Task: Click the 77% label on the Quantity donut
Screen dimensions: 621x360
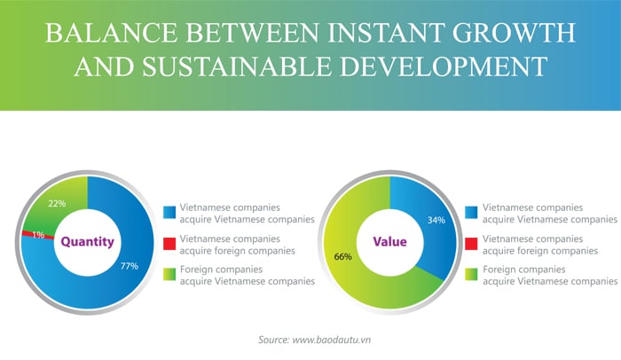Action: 130,266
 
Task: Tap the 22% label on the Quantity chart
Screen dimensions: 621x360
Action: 57,204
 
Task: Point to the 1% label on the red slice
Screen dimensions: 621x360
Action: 38,235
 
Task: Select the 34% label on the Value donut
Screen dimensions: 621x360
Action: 436,220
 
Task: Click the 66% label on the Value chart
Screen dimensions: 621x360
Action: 343,256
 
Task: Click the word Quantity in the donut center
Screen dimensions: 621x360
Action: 88,241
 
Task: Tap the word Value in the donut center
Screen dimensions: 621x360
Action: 389,241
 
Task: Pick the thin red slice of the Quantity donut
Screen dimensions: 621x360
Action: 37,235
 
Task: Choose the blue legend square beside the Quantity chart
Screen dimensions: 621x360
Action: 169,212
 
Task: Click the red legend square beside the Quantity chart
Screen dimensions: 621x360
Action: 169,244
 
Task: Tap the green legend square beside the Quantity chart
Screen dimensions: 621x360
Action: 169,275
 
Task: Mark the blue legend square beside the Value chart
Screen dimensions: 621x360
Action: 471,212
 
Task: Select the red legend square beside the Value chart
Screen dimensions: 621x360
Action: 471,244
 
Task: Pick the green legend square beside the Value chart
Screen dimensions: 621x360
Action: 471,275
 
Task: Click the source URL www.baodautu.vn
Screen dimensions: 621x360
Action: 332,340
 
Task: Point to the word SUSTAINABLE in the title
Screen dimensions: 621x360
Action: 237,67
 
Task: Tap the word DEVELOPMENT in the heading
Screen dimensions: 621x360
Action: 444,67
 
